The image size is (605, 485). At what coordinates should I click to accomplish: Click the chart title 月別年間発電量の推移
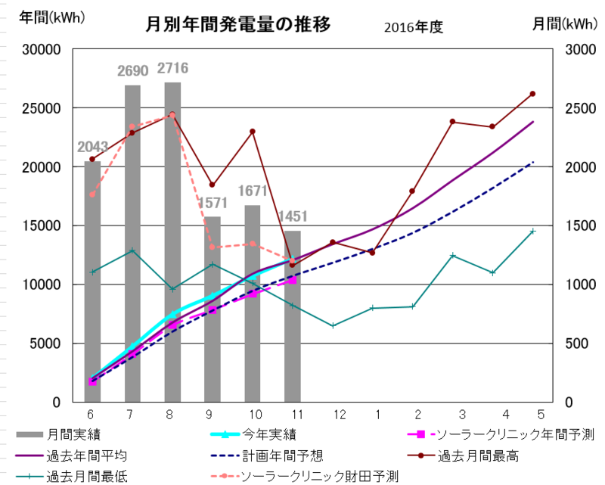click(x=238, y=26)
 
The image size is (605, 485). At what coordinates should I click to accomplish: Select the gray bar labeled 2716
click(x=172, y=242)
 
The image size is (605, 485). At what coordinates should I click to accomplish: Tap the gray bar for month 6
click(x=92, y=280)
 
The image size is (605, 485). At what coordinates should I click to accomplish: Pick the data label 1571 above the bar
click(x=213, y=204)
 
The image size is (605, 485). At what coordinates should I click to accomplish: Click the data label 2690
click(x=133, y=72)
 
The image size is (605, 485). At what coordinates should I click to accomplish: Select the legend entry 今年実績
click(x=269, y=434)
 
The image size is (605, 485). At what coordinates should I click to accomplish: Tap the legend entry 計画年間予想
click(x=283, y=456)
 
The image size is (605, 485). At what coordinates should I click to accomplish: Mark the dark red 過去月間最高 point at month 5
click(x=532, y=94)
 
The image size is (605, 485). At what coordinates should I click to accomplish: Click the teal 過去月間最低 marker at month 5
click(x=532, y=232)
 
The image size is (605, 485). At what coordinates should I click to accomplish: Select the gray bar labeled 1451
click(x=293, y=318)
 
